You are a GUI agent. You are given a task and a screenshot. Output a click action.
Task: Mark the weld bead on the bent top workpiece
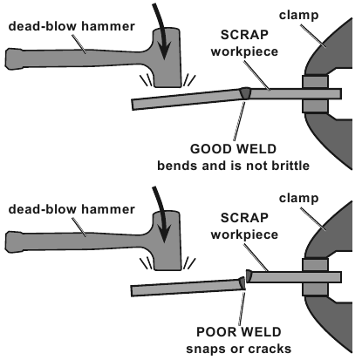[246, 92]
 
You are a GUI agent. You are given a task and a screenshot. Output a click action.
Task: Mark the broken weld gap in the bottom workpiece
[245, 278]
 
